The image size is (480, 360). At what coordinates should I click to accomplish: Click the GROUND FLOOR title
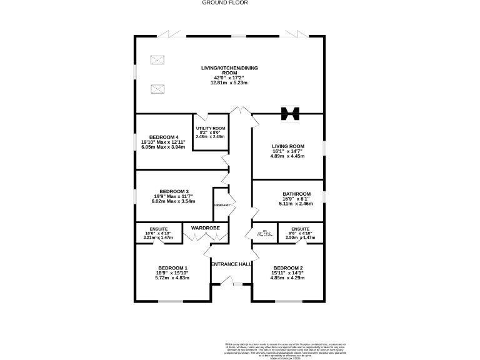point(225,3)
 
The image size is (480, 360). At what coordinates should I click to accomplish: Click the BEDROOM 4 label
point(164,137)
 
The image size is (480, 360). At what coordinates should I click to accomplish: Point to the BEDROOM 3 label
point(174,191)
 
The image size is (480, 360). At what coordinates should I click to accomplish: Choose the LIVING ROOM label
point(287,147)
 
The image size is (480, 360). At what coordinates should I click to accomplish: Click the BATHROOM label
point(287,194)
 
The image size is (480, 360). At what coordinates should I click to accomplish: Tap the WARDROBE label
point(206,228)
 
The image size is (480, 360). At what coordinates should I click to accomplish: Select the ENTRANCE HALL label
point(231,264)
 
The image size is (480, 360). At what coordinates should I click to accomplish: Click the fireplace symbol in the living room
point(288,113)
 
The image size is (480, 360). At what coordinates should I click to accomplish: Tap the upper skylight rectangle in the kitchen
point(157,60)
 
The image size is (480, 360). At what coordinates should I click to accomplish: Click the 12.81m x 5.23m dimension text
point(229,82)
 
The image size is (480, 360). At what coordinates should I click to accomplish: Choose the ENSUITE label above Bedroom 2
point(300,229)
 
